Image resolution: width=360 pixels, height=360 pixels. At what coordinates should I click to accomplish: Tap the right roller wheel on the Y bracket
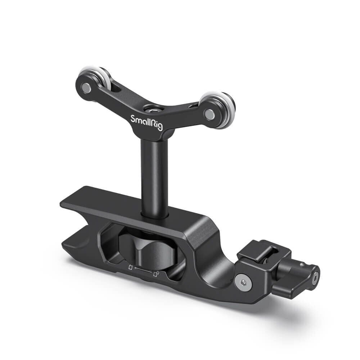point(218,108)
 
